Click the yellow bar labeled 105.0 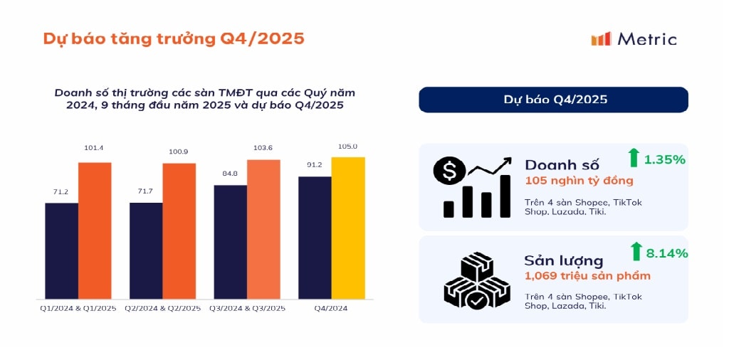[348, 228]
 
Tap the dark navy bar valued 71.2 [61, 250]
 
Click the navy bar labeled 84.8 [230, 242]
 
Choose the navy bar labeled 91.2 [315, 238]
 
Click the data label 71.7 [145, 192]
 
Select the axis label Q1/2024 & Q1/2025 [78, 308]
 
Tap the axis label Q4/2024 [331, 308]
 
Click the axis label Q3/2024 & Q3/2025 [247, 308]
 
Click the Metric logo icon [601, 39]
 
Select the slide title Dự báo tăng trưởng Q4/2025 [174, 38]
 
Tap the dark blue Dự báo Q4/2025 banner [553, 100]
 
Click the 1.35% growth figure [664, 159]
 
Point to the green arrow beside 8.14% [636, 251]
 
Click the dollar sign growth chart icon [472, 187]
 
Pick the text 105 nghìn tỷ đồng [579, 181]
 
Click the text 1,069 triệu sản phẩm [587, 275]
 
